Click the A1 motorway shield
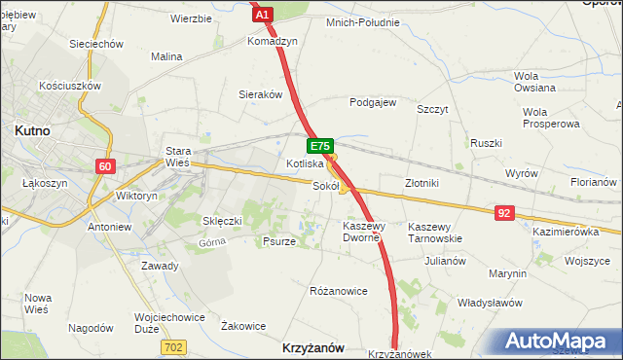coord(261,14)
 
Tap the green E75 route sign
coord(320,146)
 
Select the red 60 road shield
coord(106,166)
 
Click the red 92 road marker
coord(503,212)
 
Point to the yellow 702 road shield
coord(174,346)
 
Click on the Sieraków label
coord(261,95)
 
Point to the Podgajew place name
coord(373,102)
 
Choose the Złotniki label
coord(423,182)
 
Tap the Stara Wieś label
coord(177,158)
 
